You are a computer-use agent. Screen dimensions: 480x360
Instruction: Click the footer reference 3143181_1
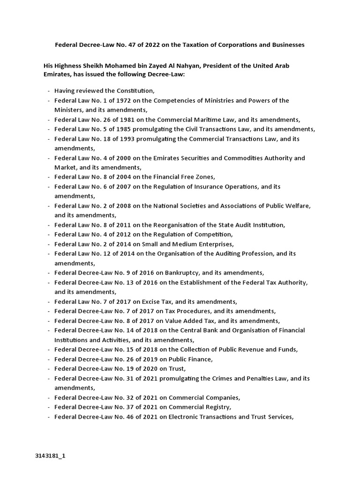(50, 456)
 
